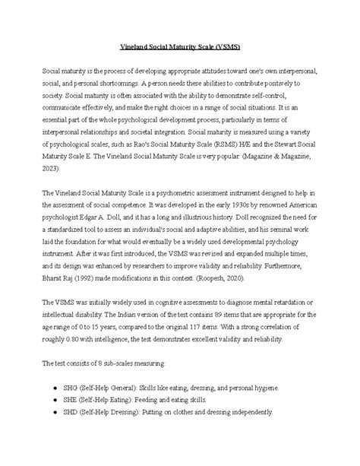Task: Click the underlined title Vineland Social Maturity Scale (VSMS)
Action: click(180, 48)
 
